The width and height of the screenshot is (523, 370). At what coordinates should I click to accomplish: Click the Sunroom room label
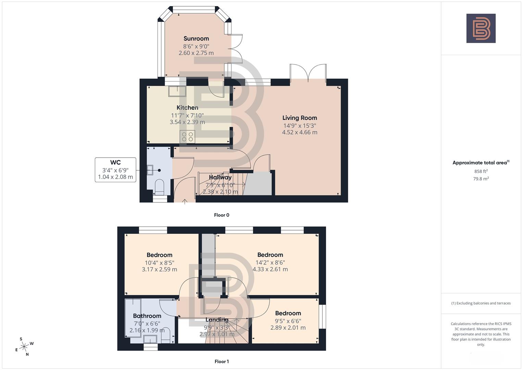click(196, 39)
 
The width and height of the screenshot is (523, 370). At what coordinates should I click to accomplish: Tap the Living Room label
click(299, 118)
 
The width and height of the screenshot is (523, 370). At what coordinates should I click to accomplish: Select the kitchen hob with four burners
click(187, 137)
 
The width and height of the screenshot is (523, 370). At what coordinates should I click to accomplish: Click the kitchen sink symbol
click(177, 91)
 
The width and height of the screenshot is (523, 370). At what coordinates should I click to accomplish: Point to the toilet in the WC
click(160, 187)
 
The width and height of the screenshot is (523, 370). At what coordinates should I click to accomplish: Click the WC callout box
click(115, 170)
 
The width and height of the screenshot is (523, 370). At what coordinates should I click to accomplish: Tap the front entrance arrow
click(185, 201)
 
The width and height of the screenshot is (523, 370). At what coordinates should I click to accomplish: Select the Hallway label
click(220, 177)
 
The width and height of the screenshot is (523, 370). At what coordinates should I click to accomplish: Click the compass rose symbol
click(24, 347)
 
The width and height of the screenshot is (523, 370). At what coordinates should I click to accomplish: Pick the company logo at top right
click(481, 28)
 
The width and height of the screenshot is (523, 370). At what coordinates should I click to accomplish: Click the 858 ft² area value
click(481, 171)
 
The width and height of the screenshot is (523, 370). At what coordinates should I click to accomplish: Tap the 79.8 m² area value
click(481, 178)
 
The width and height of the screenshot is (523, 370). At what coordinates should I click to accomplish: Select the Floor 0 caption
click(221, 215)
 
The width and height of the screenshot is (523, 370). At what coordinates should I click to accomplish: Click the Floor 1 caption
click(221, 361)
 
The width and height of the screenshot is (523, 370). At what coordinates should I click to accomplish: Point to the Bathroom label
click(147, 316)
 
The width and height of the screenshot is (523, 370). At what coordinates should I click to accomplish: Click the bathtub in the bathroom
click(133, 319)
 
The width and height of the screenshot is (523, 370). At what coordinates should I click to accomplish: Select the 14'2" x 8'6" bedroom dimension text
click(270, 262)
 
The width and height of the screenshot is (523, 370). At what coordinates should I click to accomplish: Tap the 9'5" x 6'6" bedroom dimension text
click(288, 321)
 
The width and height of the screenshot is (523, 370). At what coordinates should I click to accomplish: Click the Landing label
click(217, 320)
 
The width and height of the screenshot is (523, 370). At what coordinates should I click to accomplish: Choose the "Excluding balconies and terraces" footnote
click(481, 303)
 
